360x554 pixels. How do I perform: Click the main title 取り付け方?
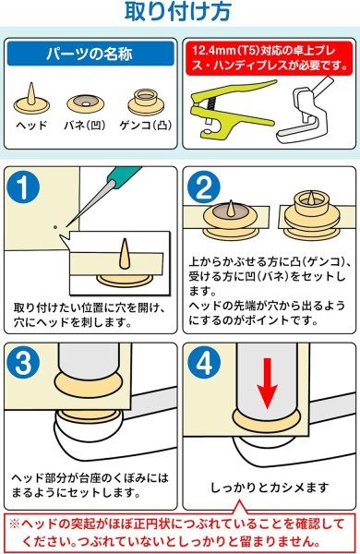click(179, 13)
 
